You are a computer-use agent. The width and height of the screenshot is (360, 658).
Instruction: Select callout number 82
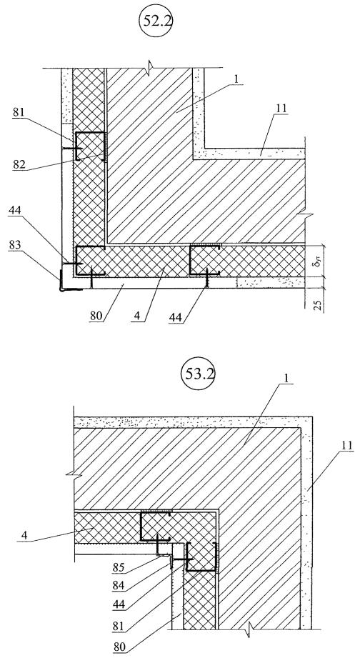coord(19,164)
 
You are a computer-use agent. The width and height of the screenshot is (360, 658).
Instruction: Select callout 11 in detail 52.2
coord(281,109)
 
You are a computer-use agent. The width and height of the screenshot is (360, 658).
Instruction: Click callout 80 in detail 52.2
coord(96,315)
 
